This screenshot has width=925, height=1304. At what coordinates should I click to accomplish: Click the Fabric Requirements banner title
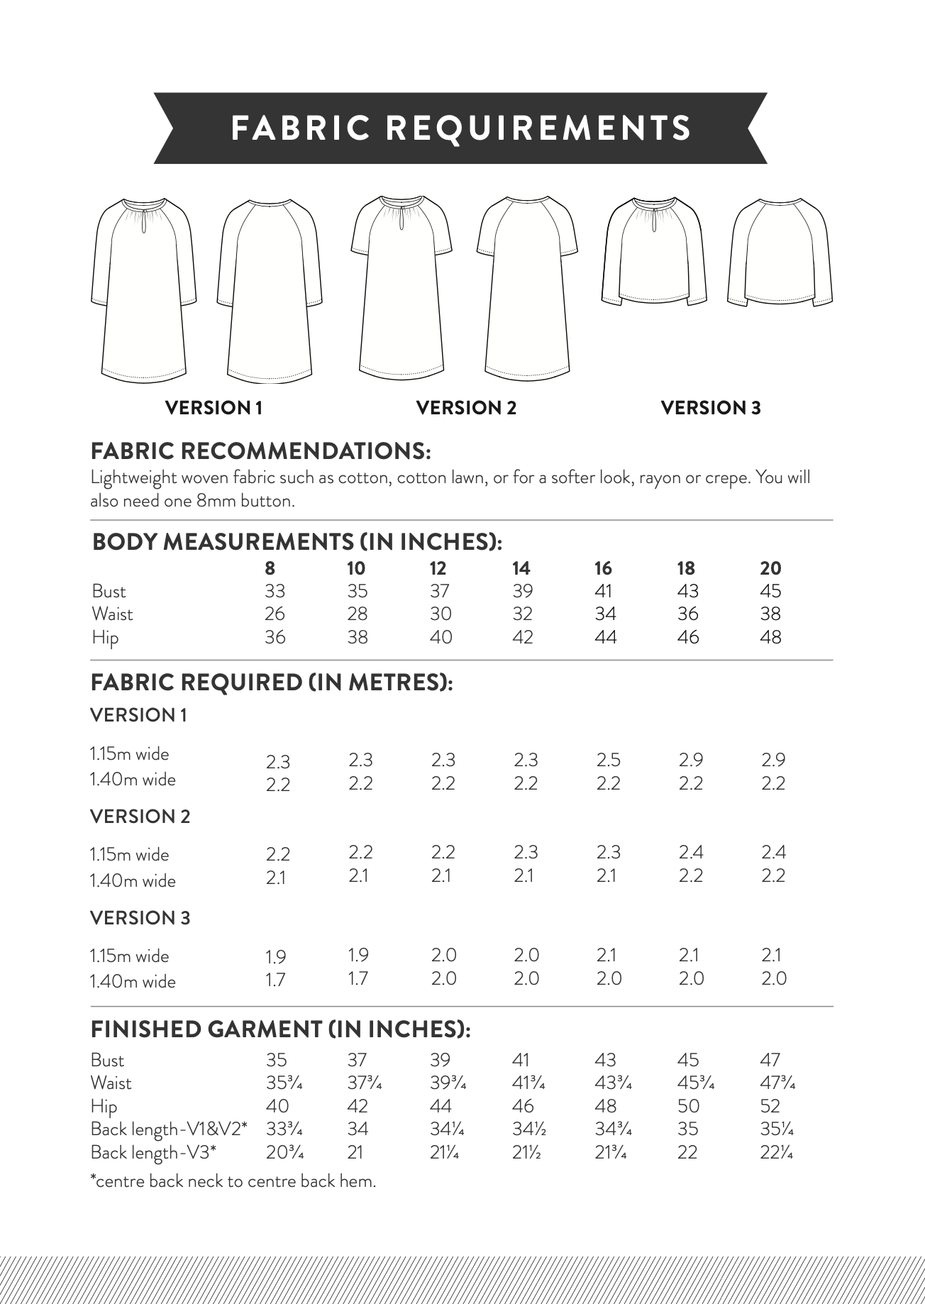click(x=461, y=128)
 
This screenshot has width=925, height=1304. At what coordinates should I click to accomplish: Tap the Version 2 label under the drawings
click(x=466, y=408)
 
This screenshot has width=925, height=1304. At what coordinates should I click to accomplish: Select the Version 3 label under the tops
click(x=710, y=408)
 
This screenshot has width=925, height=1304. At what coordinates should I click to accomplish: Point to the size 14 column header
click(x=521, y=568)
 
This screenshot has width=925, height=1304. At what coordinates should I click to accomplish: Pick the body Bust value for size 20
click(x=770, y=591)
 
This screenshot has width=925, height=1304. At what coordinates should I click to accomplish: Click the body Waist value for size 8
click(x=275, y=614)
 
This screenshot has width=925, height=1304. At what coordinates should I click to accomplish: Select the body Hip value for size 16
click(x=605, y=637)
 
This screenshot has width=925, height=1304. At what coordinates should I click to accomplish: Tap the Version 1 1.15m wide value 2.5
click(x=608, y=760)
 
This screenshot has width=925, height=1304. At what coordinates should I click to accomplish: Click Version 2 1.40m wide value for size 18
click(x=690, y=875)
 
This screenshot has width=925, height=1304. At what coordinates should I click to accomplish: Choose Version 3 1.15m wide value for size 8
click(x=276, y=957)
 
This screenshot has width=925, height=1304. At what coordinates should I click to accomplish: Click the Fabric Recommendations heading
click(x=260, y=451)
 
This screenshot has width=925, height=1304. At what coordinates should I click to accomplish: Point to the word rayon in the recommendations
click(x=658, y=477)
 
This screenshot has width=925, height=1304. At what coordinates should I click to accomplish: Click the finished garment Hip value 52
click(x=770, y=1106)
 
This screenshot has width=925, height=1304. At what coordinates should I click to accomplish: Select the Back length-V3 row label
click(x=153, y=1152)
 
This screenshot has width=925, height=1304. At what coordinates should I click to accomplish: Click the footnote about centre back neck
click(x=233, y=1181)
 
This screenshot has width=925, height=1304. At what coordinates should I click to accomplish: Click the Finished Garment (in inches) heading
click(x=280, y=1029)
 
